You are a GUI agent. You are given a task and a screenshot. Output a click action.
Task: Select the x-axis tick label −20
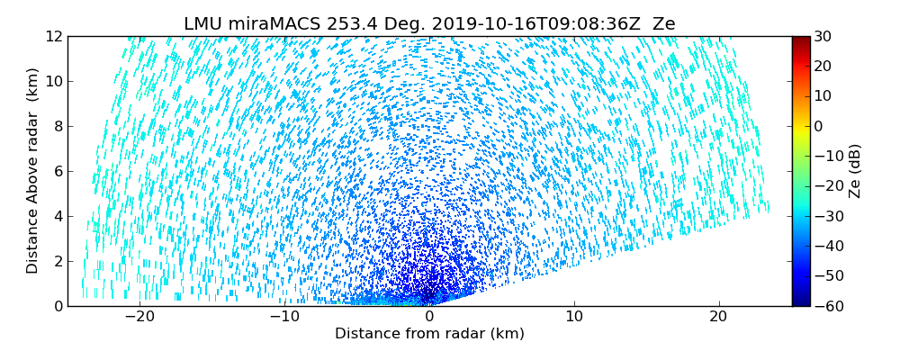(139, 318)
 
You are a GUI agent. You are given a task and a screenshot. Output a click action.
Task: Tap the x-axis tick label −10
(284, 318)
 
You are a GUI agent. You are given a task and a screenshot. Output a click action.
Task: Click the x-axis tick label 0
(429, 318)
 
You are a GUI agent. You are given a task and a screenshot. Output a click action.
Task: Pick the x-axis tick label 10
(574, 318)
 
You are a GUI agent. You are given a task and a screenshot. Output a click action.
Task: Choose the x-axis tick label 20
(718, 318)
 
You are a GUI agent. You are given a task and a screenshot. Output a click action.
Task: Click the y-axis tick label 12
(54, 37)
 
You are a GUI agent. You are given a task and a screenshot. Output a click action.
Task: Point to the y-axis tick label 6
(58, 172)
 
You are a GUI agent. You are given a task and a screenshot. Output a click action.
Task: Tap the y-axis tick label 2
(58, 262)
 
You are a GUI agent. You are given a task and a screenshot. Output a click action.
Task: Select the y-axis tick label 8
(58, 127)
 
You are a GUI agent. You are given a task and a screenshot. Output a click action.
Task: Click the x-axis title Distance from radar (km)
(429, 334)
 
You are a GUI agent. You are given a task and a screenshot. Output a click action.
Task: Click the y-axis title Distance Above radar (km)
(32, 171)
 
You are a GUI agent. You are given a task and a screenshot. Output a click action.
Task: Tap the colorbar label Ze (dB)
(855, 171)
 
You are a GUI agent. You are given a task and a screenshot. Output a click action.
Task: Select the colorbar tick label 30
(823, 37)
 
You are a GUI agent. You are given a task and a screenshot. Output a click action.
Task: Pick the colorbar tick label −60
(826, 306)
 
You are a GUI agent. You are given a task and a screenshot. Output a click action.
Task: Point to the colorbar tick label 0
(819, 127)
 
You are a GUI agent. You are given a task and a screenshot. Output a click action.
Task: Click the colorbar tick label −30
(826, 216)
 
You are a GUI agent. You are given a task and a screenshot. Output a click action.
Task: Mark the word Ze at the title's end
(663, 24)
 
